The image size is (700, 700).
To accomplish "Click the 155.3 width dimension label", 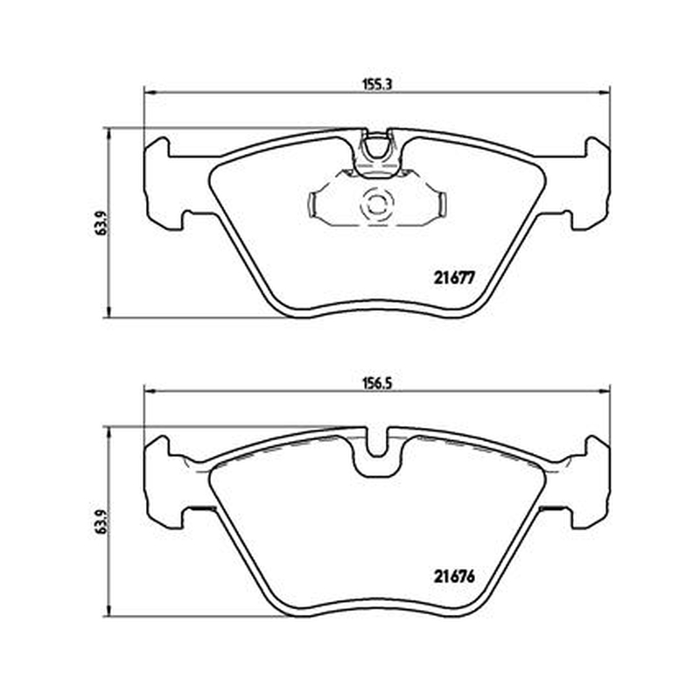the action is pyautogui.click(x=376, y=84).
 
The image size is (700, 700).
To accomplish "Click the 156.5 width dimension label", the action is pyautogui.click(x=376, y=383).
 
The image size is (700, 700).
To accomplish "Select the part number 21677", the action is pyautogui.click(x=453, y=278).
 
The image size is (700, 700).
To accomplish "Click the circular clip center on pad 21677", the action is pyautogui.click(x=377, y=206).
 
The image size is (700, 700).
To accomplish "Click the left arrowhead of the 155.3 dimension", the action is pyautogui.click(x=149, y=93).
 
